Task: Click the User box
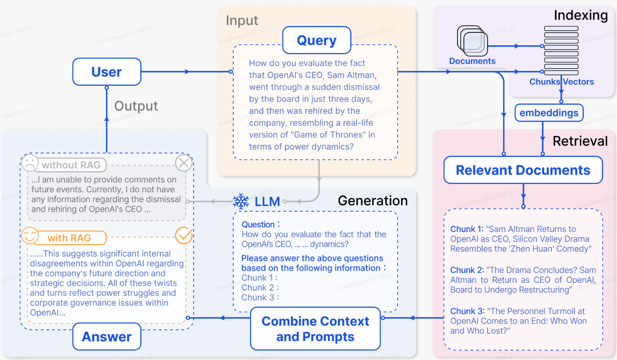click(106, 72)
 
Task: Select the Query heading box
click(316, 41)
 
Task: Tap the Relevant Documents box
click(523, 170)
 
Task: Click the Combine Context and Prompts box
click(315, 329)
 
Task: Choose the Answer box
click(106, 337)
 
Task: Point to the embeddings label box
click(549, 113)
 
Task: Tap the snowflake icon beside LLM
click(241, 201)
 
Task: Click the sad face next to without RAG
click(30, 163)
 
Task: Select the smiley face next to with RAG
click(30, 237)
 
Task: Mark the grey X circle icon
click(184, 163)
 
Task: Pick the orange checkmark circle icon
click(184, 236)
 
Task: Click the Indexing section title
click(580, 16)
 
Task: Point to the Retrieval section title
click(580, 141)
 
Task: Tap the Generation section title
click(373, 200)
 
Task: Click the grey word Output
click(136, 106)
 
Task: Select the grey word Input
click(242, 20)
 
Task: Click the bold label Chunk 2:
click(467, 270)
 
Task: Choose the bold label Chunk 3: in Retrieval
click(467, 311)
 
